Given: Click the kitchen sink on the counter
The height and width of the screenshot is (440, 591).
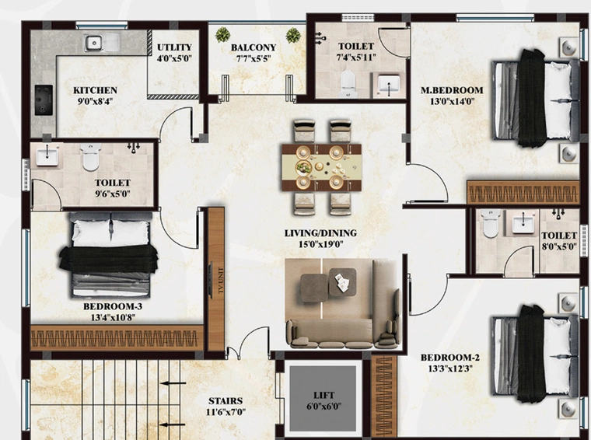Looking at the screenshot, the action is pos(102,42).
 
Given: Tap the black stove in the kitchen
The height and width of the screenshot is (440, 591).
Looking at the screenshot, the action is pos(44,100).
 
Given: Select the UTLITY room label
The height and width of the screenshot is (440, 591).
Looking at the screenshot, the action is pos(174,47).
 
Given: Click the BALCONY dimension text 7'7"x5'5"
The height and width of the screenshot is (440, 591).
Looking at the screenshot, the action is pos(254,59).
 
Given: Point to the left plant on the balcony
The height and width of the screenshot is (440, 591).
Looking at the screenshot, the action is pos(222,35).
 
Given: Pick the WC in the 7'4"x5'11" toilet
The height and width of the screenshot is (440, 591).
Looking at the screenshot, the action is pos(348,83).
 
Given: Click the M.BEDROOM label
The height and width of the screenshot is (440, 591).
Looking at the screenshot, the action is pos(452,90).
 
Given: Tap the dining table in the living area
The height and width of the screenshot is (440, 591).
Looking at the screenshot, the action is pos(321,167).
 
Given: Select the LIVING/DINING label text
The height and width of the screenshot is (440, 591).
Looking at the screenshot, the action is pos(320,233).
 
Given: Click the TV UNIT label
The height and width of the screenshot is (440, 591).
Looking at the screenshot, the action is pos(221,281).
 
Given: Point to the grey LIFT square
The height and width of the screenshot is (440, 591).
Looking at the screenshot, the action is pos(323,398).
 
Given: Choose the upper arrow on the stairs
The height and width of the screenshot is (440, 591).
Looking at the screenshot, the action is pos(173,383).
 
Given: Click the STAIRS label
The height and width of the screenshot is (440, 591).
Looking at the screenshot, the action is pos(226,401).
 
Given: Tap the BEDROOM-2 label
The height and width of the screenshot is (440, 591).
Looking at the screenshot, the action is pos(450,358).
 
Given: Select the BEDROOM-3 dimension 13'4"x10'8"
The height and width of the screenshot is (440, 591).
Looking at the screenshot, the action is pos(113,318).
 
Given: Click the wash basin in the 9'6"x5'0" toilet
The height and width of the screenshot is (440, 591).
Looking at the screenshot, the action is pos(47,157).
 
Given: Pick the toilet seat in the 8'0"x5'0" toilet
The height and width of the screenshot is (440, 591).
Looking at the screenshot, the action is pos(491,224).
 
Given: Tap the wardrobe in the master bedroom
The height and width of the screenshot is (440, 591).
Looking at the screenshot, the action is pos(523,193).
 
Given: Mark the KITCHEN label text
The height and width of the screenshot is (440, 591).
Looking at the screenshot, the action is pos(95,90).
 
